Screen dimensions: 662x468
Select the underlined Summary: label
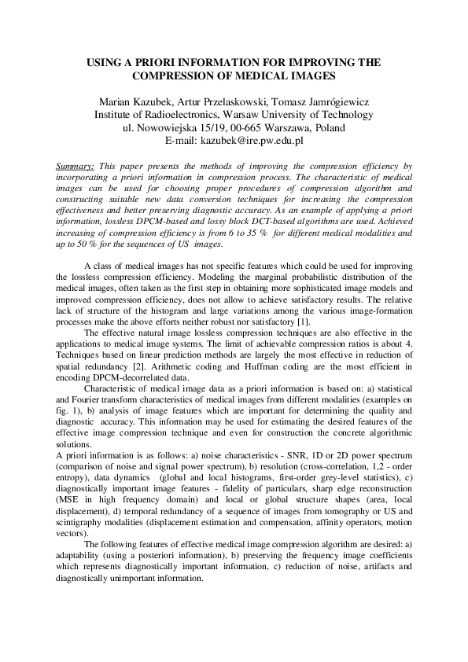tap(76, 167)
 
